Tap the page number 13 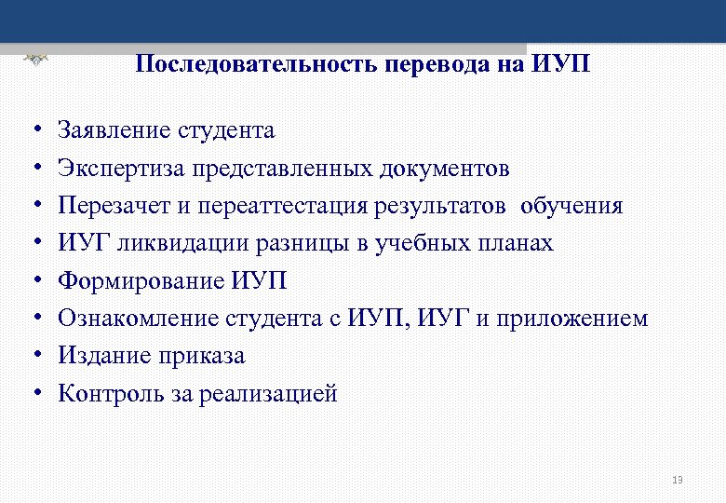(x=677, y=480)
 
